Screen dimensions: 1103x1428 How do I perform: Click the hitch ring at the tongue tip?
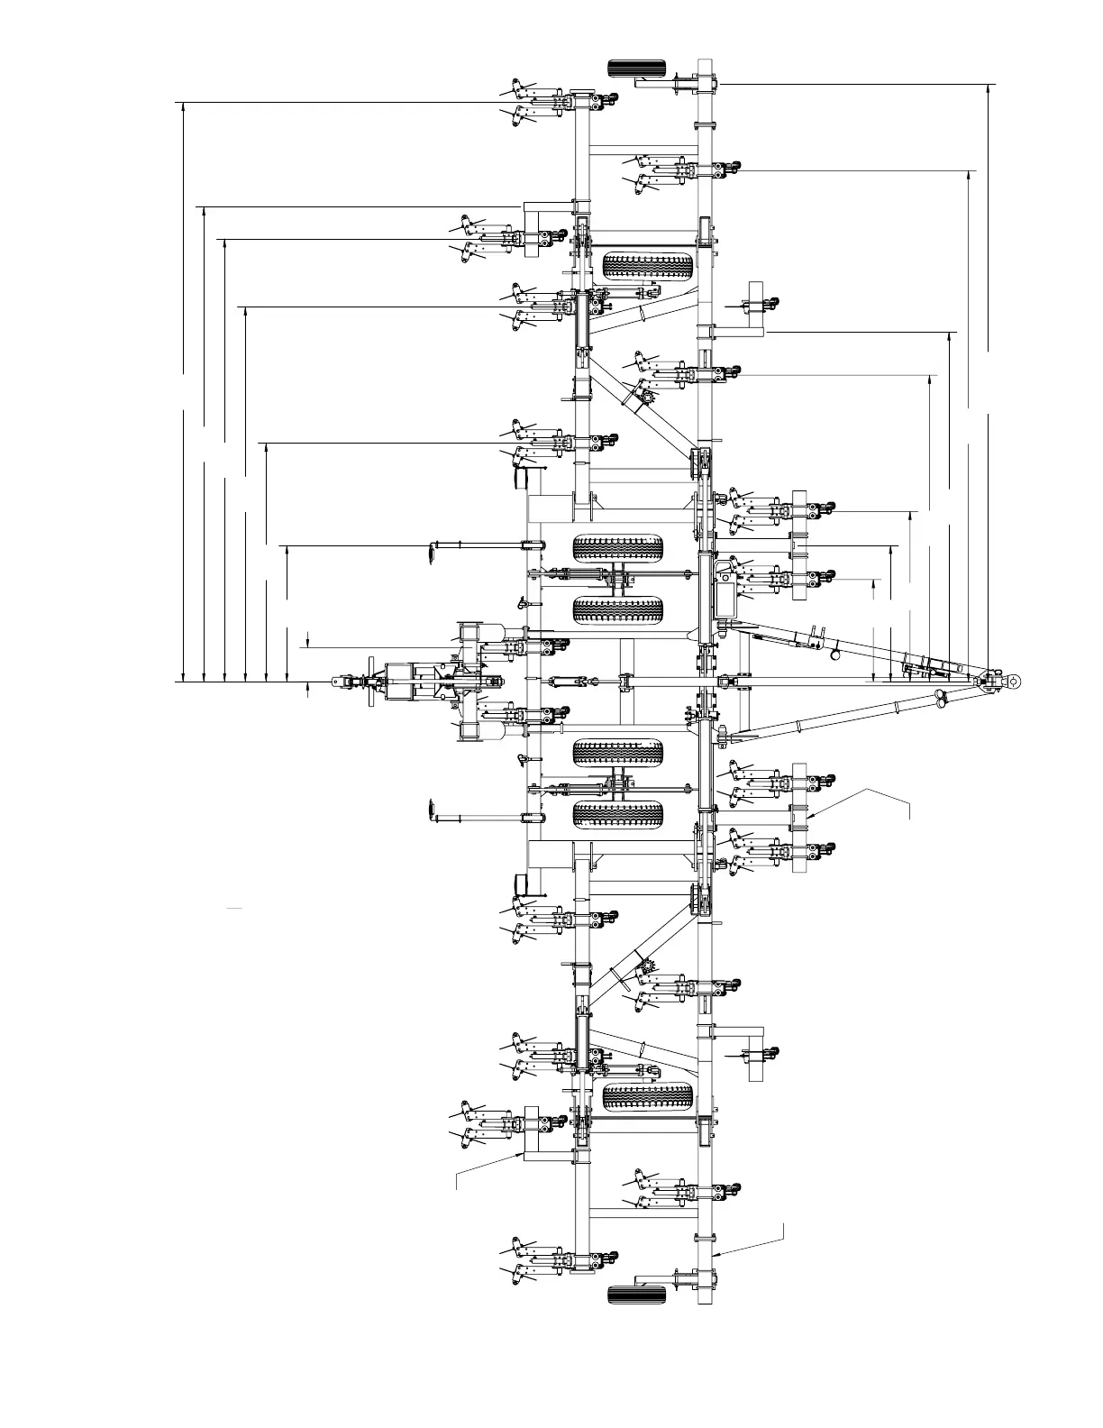[x=1014, y=681]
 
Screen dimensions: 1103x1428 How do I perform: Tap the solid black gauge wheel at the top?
[x=637, y=68]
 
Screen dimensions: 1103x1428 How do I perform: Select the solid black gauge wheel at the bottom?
[x=637, y=1295]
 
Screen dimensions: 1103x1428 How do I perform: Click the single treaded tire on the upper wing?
[x=648, y=266]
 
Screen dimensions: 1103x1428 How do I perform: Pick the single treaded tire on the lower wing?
[x=648, y=1097]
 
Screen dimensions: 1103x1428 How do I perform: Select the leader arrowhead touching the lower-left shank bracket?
[x=520, y=1153]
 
